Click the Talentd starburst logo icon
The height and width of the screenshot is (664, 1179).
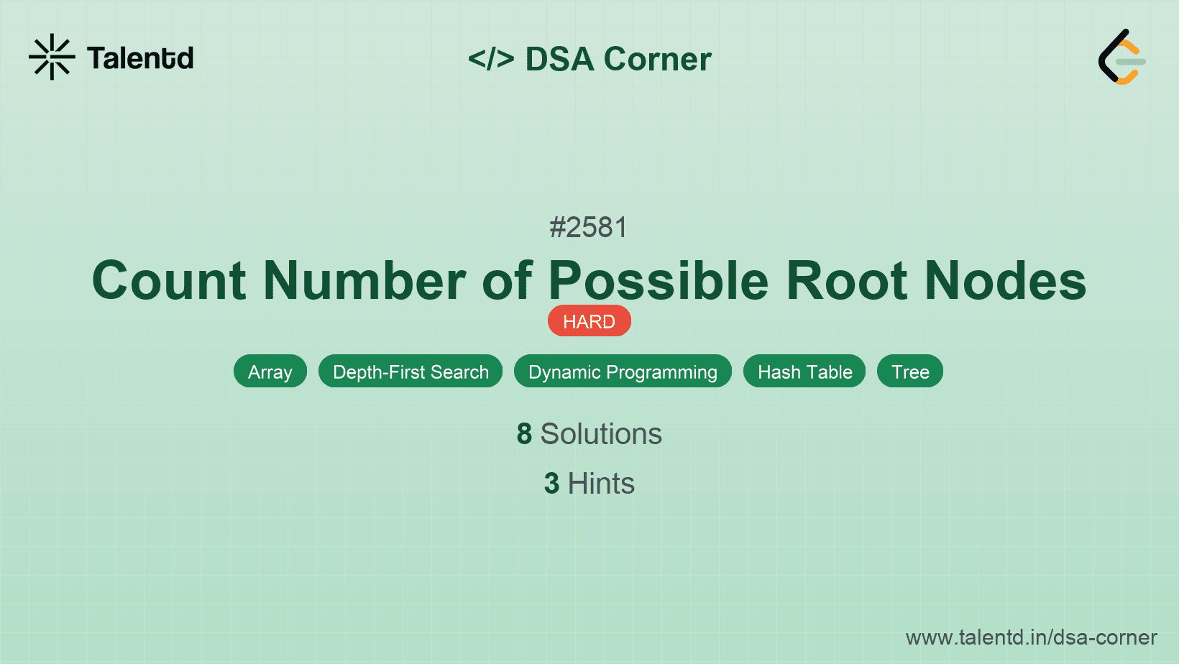click(52, 57)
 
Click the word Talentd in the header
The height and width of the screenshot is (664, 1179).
click(140, 58)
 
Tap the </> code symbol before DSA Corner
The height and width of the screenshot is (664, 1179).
click(491, 59)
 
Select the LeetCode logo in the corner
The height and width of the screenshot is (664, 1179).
click(1121, 57)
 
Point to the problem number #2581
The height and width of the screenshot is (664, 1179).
click(589, 228)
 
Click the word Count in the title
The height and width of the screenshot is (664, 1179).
click(170, 280)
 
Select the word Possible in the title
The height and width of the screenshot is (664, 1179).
click(659, 280)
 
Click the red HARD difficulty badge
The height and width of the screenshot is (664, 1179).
click(589, 321)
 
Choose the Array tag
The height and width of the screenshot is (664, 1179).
click(270, 372)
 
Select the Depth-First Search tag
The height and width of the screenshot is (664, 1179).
click(410, 372)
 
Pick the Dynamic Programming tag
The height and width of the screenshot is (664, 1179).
click(623, 372)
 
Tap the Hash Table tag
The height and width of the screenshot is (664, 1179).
click(804, 372)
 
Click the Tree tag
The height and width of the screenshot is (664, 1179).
click(910, 372)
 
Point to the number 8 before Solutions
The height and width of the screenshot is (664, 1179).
click(524, 434)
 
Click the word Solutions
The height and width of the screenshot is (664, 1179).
click(601, 434)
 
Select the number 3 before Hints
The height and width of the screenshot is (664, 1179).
click(551, 484)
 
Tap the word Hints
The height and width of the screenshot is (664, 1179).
click(601, 484)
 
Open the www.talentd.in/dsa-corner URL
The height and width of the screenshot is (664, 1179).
click(1031, 637)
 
